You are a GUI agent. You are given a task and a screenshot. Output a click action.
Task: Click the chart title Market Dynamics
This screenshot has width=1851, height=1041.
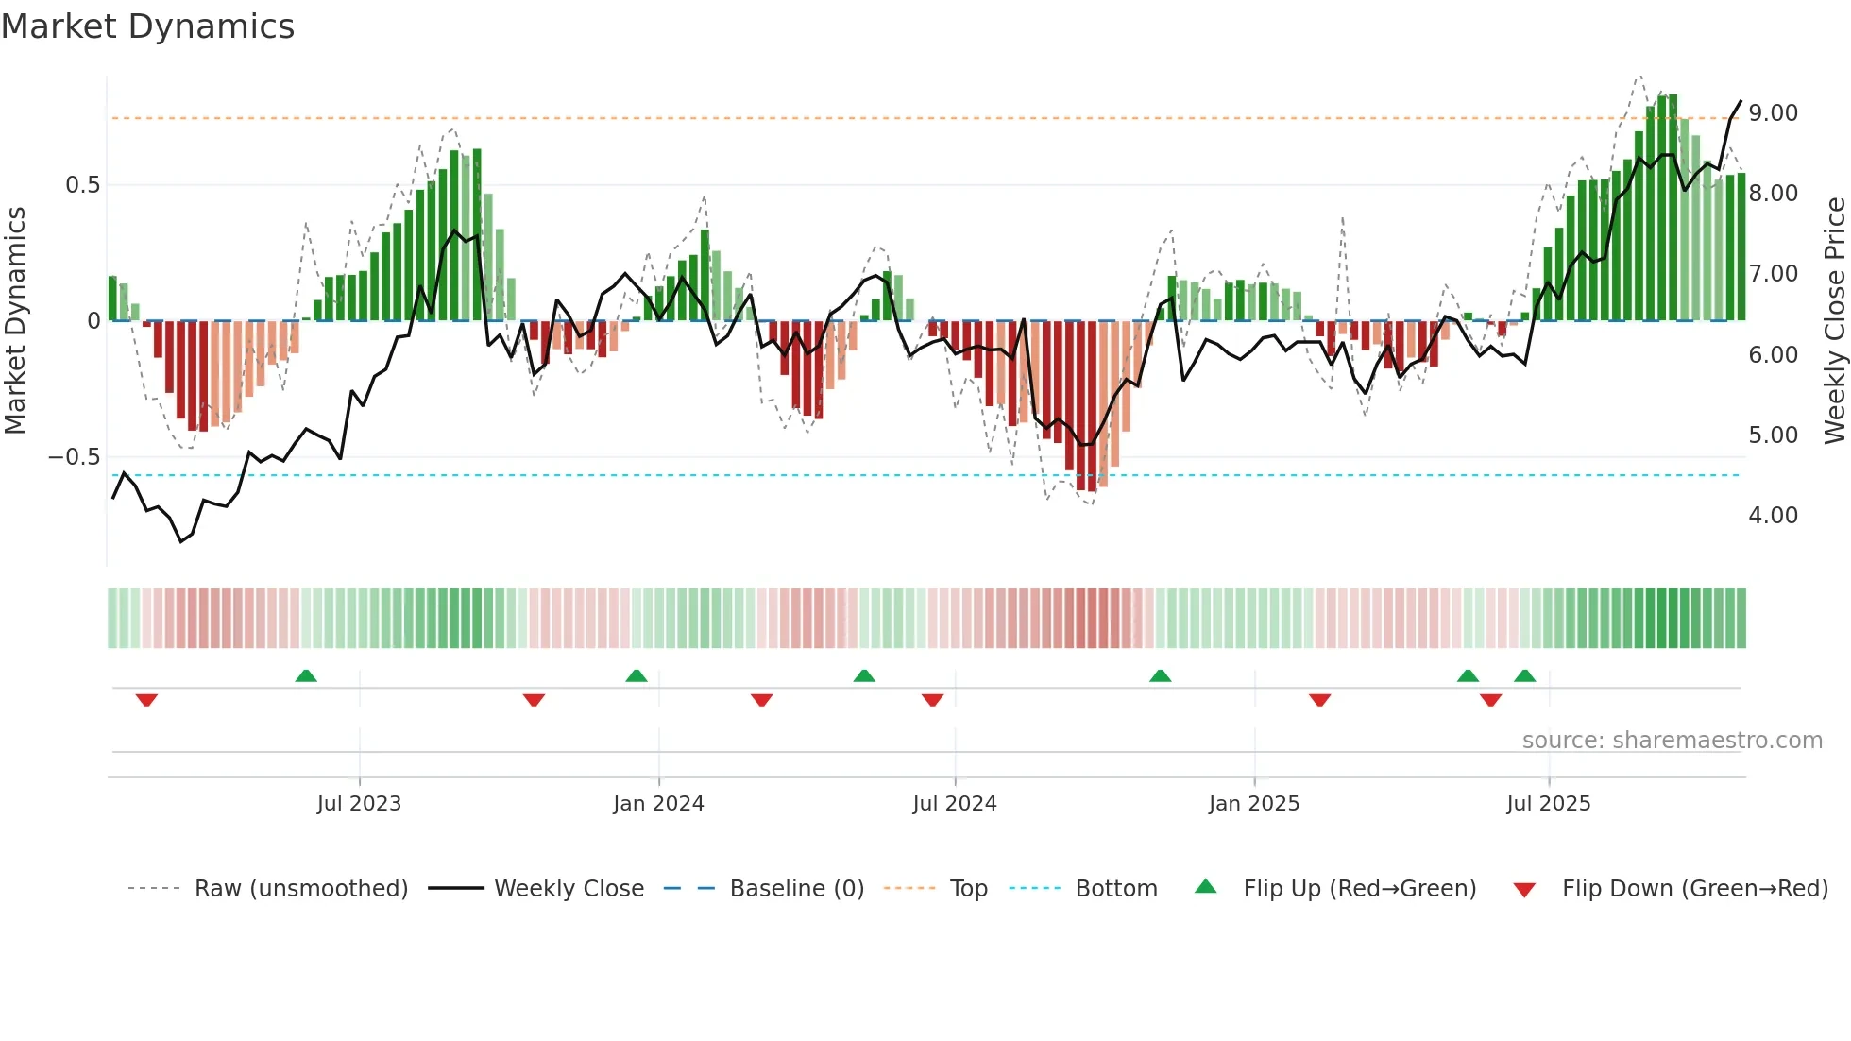147,26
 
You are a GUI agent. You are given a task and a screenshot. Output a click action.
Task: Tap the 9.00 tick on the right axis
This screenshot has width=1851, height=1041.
1773,113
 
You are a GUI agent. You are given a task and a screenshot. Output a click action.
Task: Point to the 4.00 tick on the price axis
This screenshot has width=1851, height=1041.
1773,516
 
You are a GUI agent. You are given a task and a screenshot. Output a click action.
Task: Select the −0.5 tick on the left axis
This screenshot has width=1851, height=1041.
74,457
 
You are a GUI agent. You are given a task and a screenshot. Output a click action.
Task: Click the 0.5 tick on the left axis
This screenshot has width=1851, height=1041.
82,185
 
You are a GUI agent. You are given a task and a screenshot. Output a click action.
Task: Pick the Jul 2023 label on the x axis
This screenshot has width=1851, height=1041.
359,804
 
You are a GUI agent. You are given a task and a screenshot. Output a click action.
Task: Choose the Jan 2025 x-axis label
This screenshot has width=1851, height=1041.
1253,804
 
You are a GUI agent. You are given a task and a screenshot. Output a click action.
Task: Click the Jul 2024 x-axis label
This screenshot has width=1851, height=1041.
954,804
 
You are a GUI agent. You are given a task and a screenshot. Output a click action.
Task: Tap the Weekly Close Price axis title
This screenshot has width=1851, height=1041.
1834,321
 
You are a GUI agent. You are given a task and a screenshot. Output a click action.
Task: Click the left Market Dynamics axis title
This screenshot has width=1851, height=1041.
15,321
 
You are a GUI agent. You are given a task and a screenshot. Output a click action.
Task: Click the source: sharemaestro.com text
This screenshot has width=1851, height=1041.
1672,741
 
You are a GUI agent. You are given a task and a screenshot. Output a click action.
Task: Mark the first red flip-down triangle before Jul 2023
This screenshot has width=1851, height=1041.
146,700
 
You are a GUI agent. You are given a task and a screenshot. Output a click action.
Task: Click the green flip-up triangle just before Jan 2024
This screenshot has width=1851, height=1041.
637,675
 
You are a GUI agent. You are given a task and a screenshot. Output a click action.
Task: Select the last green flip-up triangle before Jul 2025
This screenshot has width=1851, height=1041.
1524,675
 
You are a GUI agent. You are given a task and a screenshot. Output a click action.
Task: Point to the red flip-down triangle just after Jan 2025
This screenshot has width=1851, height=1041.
1319,700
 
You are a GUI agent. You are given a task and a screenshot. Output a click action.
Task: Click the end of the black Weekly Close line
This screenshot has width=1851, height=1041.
1741,101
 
